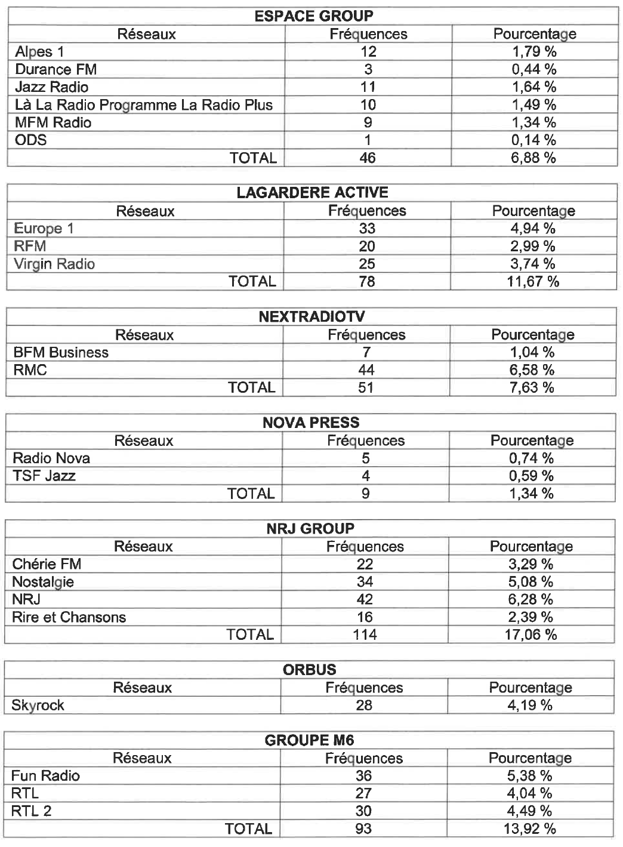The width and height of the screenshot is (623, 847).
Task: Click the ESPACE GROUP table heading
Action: (313, 16)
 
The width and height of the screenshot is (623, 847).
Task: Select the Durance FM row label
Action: (55, 69)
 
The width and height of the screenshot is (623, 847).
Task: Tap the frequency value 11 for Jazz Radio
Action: (368, 87)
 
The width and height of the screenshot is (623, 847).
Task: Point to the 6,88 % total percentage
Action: (533, 158)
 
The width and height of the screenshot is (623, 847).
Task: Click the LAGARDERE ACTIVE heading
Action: (312, 193)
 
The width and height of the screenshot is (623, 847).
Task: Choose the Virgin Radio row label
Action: (54, 264)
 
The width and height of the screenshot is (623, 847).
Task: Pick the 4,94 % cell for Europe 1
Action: (533, 229)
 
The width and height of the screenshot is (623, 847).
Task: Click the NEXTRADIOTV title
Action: (311, 317)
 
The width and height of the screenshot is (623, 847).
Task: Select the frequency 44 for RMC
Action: (366, 370)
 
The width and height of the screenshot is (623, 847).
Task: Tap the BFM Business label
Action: (61, 352)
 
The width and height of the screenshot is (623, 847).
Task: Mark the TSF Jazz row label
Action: (44, 476)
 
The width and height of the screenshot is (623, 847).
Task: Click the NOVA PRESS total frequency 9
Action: (366, 494)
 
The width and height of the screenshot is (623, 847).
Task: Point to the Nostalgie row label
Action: (43, 582)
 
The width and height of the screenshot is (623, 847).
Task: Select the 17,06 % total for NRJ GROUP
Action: (531, 635)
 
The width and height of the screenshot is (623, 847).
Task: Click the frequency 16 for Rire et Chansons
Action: (365, 617)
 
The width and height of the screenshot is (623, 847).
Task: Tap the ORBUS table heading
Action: (310, 670)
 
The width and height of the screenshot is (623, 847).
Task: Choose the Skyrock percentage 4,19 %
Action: (530, 705)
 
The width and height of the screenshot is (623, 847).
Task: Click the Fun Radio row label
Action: (45, 776)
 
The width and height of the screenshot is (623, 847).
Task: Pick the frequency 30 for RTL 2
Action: (363, 811)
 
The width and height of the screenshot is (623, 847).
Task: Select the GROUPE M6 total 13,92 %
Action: (530, 828)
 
